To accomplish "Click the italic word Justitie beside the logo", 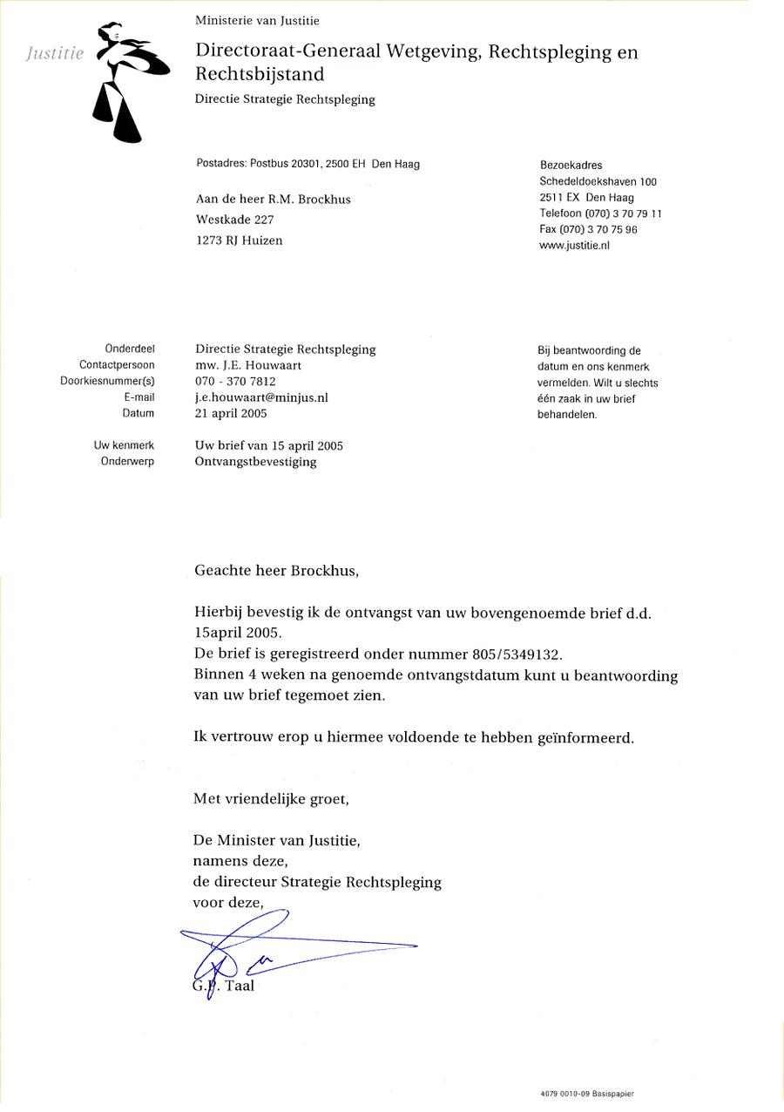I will (55, 53).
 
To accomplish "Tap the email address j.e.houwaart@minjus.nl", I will (261, 397).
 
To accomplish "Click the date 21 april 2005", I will (231, 413).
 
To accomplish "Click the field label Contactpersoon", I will (117, 365).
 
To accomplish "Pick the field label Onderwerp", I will (127, 462).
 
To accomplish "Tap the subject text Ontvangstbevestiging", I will (256, 462).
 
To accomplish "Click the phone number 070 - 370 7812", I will (235, 382).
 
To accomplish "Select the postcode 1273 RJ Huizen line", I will (240, 241).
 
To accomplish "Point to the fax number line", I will (588, 230).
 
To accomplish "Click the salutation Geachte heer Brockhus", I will (276, 572).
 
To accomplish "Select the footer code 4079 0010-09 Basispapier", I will (587, 1093).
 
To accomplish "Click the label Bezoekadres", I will (571, 166).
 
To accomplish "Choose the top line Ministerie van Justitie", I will (257, 19).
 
